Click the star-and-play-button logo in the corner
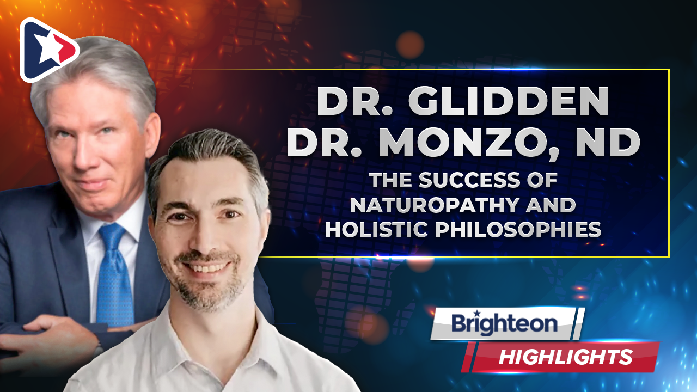[48, 50]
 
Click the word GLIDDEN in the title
[509, 101]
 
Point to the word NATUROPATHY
[435, 205]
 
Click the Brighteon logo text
[504, 323]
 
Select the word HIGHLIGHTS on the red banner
[565, 357]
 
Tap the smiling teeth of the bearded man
[206, 267]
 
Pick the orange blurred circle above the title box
[410, 45]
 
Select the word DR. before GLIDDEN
[355, 101]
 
